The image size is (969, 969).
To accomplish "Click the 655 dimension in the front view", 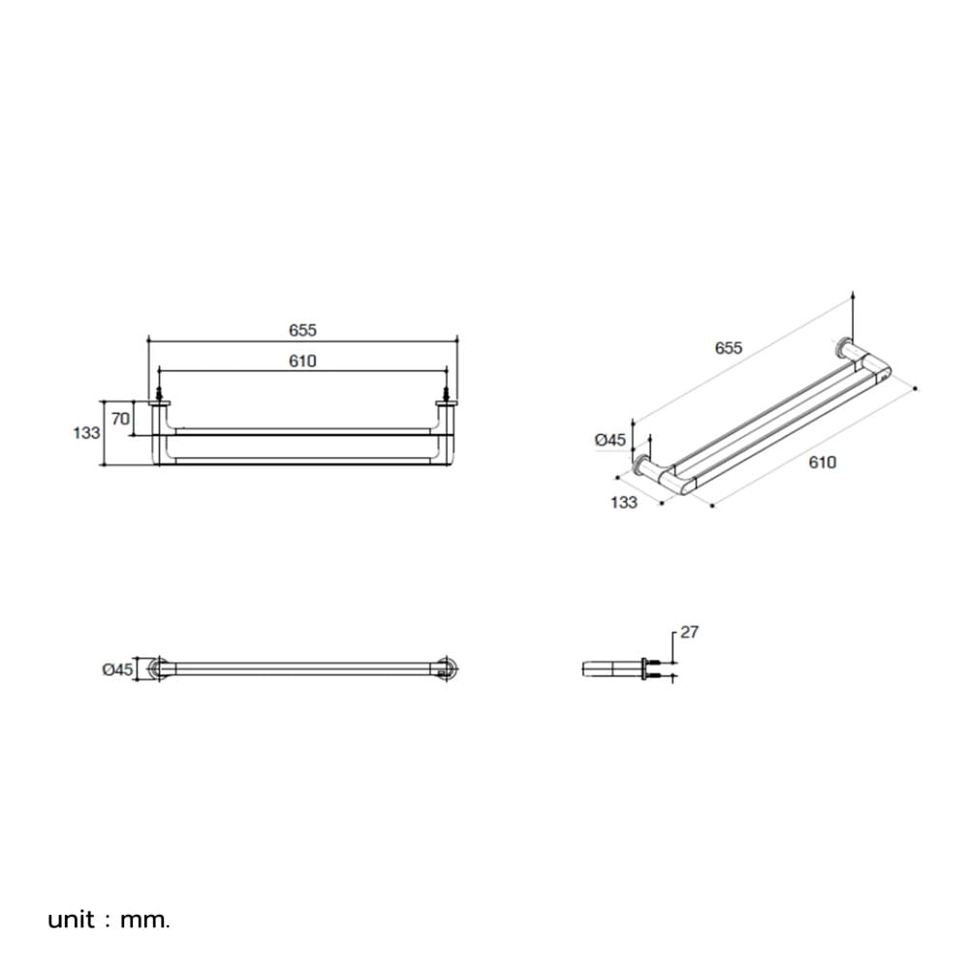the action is click(x=302, y=330).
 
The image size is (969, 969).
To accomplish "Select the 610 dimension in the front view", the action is click(x=302, y=360).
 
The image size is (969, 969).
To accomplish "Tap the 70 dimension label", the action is click(x=120, y=419).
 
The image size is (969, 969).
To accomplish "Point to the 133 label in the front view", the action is click(x=86, y=432).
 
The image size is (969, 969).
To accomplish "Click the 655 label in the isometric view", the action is click(x=728, y=348).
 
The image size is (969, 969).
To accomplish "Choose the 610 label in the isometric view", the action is click(x=822, y=462).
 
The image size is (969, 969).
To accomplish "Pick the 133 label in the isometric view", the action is click(x=623, y=502).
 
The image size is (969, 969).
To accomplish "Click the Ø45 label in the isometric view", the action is click(x=610, y=440).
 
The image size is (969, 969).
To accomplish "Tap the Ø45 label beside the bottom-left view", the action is click(x=117, y=670).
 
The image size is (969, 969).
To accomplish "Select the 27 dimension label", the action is click(x=689, y=632).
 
